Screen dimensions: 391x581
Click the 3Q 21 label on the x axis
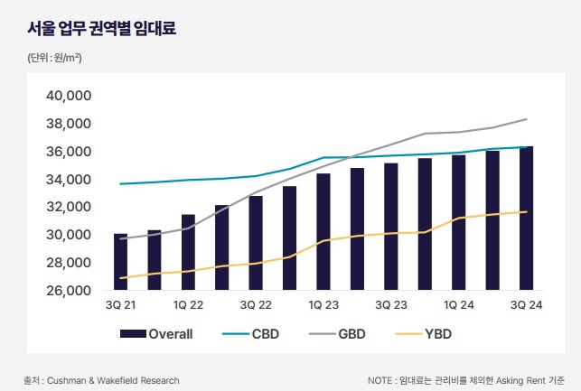121,306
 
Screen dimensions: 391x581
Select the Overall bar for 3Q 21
121,262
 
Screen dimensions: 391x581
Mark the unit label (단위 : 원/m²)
54,58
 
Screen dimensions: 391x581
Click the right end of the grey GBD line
527,119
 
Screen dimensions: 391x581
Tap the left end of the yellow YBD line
121,277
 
